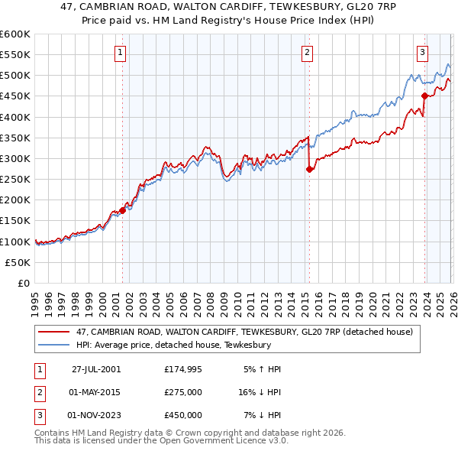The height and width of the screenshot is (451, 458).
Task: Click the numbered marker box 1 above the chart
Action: (121, 53)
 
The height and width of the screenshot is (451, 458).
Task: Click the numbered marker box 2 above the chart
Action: (306, 53)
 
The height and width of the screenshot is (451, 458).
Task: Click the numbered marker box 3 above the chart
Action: (422, 53)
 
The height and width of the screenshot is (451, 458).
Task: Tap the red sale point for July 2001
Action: (123, 210)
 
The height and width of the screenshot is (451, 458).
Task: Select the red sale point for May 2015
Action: (309, 169)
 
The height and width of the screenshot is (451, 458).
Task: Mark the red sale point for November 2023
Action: (424, 96)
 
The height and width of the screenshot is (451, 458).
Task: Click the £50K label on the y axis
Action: (18, 262)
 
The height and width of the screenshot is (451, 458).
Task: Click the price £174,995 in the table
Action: (183, 368)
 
